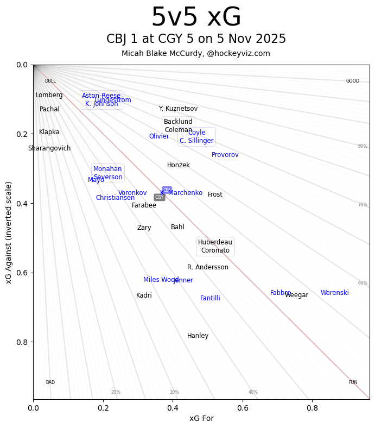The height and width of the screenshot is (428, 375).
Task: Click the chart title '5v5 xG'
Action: tap(196, 18)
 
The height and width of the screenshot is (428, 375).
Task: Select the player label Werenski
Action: tap(334, 293)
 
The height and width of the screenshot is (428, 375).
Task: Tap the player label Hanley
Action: tap(198, 336)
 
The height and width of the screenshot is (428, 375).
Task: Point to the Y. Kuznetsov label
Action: tap(178, 109)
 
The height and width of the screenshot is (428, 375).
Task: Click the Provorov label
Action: tap(225, 155)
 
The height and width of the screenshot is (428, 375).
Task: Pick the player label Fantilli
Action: tap(210, 298)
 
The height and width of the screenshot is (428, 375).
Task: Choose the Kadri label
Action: tap(144, 295)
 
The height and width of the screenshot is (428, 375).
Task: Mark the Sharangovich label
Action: tap(49, 148)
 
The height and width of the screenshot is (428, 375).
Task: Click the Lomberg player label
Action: tap(49, 95)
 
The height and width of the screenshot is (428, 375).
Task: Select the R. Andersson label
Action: tap(207, 267)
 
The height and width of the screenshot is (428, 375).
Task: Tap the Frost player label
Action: tap(215, 194)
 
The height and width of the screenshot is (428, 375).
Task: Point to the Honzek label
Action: tap(178, 165)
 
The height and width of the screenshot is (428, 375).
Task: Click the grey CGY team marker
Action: tap(159, 197)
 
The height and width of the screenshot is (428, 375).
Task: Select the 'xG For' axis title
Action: tap(201, 418)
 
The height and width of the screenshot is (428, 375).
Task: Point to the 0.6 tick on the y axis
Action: tap(22, 273)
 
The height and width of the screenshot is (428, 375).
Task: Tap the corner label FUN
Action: tap(353, 382)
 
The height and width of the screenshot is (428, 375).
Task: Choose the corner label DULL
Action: tap(50, 81)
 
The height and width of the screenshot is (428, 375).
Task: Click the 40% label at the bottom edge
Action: tap(253, 392)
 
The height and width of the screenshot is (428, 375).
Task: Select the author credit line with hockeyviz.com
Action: tap(196, 53)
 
